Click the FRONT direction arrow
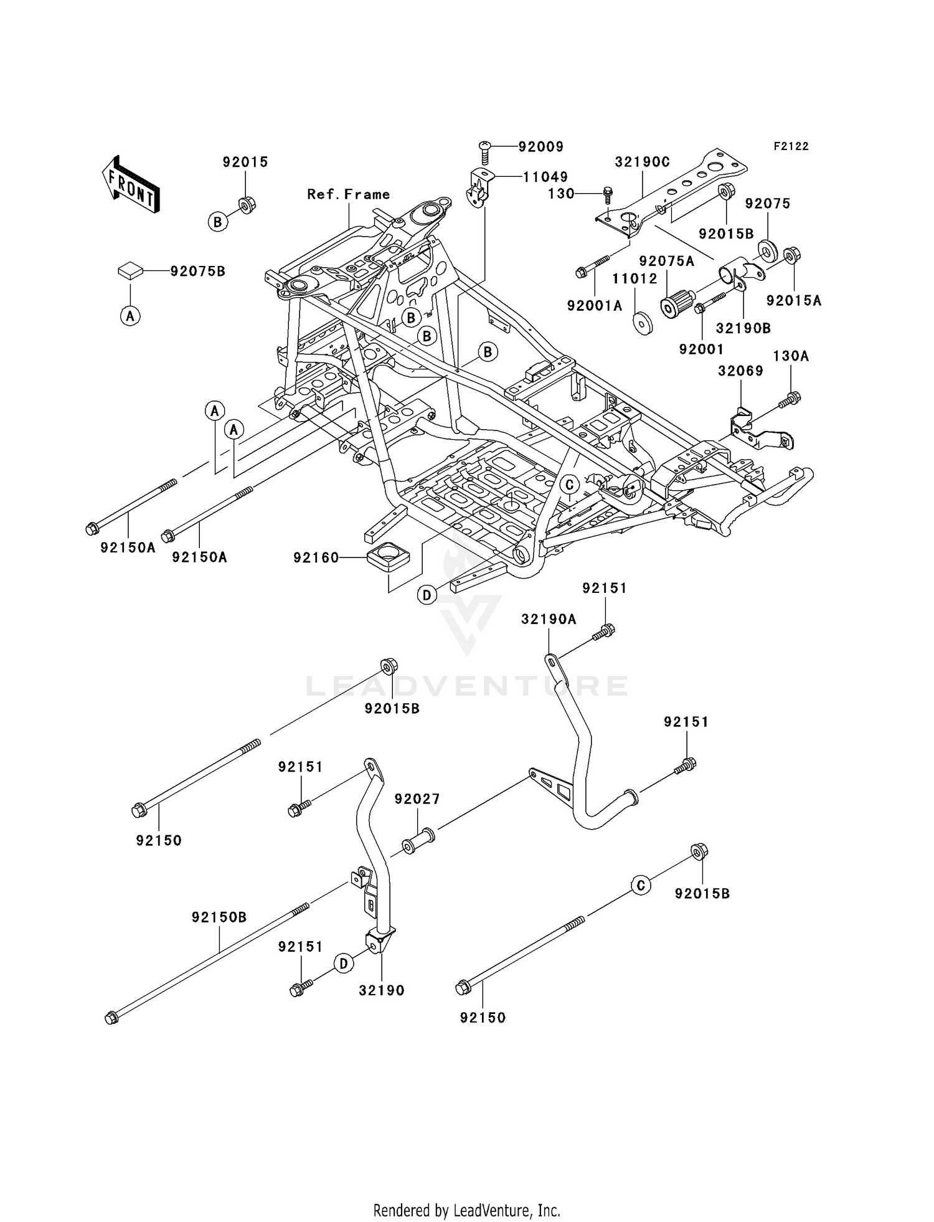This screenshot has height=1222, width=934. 130,184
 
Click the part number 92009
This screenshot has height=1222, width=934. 540,147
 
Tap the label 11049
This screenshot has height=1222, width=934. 545,177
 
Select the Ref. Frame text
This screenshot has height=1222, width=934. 349,194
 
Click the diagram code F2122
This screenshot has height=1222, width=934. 791,146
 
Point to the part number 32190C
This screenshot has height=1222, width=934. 642,162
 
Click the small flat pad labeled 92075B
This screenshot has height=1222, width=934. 130,270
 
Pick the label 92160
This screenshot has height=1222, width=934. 316,557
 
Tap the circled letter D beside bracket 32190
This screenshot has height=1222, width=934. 343,964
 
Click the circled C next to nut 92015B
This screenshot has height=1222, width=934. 641,885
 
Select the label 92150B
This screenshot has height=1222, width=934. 219,917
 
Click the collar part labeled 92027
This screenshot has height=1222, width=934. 418,840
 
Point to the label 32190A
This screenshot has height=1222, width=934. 549,619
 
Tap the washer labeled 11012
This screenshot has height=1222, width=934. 643,324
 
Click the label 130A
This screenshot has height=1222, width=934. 791,356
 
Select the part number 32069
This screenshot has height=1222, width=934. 740,371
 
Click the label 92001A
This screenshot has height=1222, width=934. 595,305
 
